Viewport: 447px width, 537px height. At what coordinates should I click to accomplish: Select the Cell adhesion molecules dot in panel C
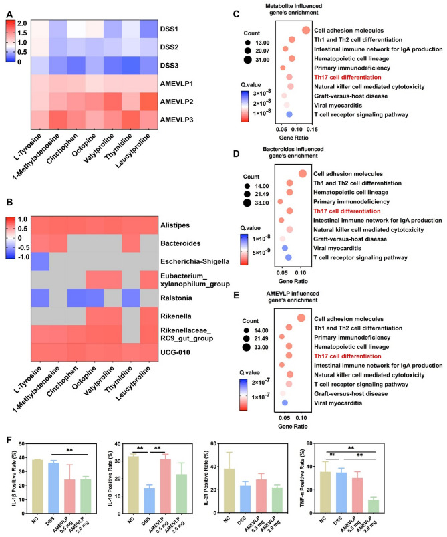[305, 30]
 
